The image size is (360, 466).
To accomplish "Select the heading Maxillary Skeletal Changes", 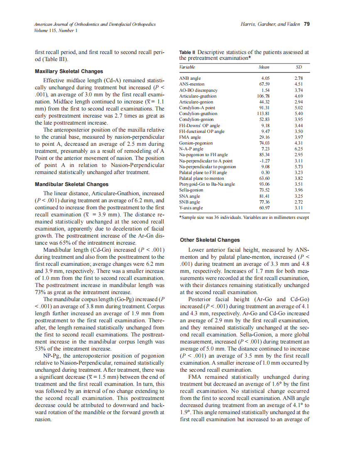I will tap(69, 71).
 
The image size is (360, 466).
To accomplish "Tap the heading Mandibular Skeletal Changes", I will tap(72, 184).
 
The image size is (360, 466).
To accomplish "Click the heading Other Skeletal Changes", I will tap(210, 240).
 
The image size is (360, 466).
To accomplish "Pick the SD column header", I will tap(298, 67).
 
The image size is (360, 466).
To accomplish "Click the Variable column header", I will tap(187, 67).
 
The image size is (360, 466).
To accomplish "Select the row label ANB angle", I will tap(190, 78).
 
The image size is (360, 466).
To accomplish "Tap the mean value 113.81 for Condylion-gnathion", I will tap(263, 113).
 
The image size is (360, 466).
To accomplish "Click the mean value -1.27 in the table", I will tap(264, 161).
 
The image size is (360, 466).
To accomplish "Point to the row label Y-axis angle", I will tap(191, 207).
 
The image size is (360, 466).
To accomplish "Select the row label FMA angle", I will tap(190, 137).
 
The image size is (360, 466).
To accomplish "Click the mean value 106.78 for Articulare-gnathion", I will tap(263, 96).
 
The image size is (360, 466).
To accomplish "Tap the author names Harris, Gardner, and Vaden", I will tap(270, 25).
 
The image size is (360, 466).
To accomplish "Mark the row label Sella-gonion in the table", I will tap(191, 190).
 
